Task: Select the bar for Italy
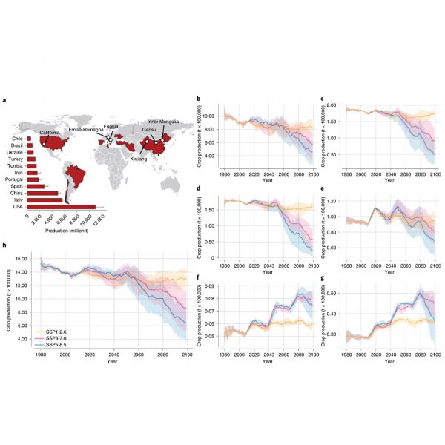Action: pyautogui.click(x=44, y=200)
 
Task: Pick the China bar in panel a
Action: pyautogui.click(x=42, y=193)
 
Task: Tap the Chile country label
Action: pyautogui.click(x=17, y=138)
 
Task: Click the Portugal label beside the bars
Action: pyautogui.click(x=14, y=179)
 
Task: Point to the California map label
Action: pyautogui.click(x=50, y=132)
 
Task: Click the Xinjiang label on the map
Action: pyautogui.click(x=138, y=159)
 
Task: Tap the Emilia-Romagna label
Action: pyautogui.click(x=84, y=130)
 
